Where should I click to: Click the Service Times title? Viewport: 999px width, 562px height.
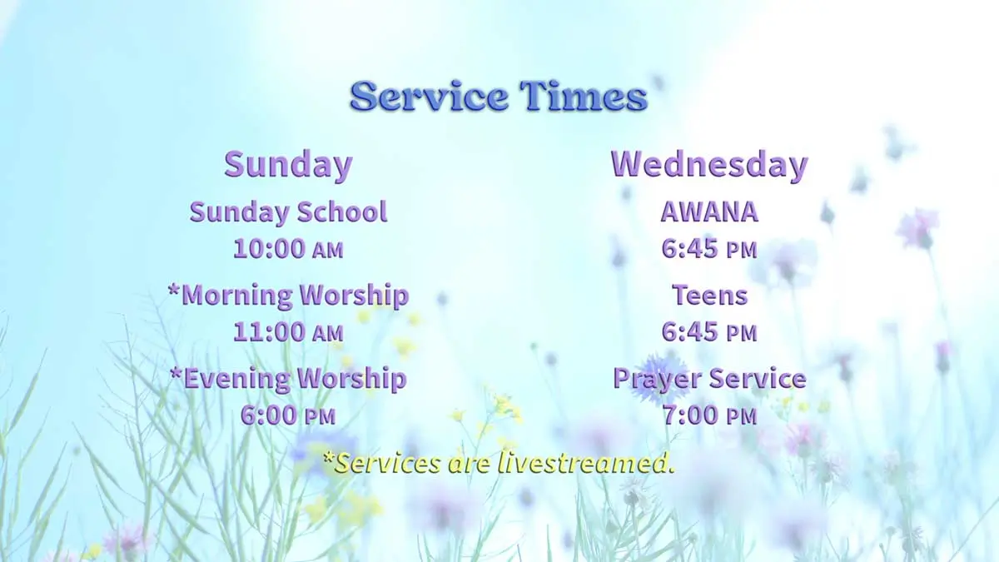(498, 97)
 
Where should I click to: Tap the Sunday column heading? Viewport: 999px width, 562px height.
(288, 164)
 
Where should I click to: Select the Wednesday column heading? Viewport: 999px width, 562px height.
(708, 164)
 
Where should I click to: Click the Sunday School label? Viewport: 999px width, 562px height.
(288, 212)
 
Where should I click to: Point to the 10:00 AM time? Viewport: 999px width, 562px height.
(288, 248)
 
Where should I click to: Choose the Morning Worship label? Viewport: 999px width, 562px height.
(295, 295)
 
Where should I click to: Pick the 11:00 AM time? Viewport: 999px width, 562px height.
(288, 331)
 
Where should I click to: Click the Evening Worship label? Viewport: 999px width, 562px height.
(295, 379)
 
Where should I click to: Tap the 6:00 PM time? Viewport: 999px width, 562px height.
(288, 415)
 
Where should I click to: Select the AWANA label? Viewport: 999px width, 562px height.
(709, 212)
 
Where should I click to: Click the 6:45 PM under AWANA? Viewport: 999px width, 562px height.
(709, 248)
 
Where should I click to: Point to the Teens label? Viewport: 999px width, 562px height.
(709, 295)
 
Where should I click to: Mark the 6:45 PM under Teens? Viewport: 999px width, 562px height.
(709, 331)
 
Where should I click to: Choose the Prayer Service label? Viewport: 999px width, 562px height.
(709, 379)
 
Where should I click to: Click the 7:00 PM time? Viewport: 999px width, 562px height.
(709, 415)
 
